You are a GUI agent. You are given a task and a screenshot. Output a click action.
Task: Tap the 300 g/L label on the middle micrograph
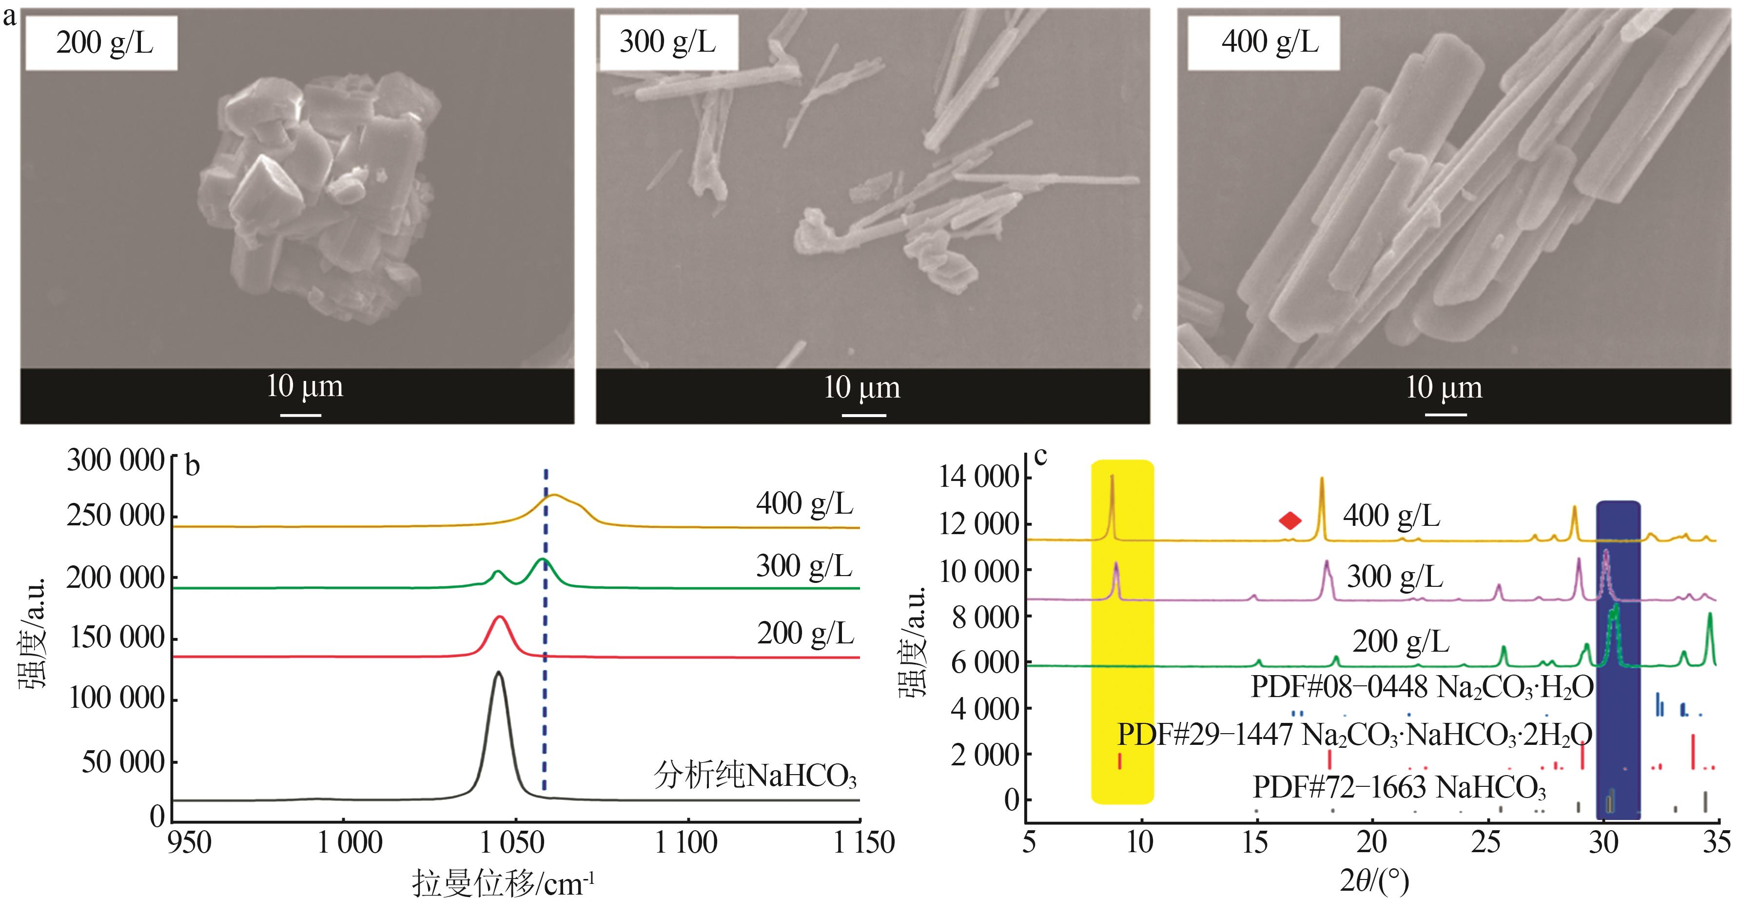click(667, 42)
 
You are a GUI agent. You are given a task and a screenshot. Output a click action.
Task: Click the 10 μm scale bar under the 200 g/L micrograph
click(301, 415)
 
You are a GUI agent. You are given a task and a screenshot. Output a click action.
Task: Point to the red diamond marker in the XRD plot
click(1290, 520)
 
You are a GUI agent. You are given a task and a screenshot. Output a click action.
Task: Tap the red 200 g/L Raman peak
click(500, 618)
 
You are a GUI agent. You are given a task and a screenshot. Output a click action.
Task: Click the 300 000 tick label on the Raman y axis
click(115, 461)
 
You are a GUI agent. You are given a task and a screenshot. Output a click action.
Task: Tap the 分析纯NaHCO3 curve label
click(755, 776)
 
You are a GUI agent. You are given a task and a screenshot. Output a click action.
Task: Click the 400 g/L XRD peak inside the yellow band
click(1112, 479)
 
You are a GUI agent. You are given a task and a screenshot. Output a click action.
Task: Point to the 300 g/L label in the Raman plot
click(803, 566)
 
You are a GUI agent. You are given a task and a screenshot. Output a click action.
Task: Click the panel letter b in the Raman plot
click(193, 466)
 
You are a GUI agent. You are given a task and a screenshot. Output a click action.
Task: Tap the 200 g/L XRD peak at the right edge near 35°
click(1710, 615)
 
